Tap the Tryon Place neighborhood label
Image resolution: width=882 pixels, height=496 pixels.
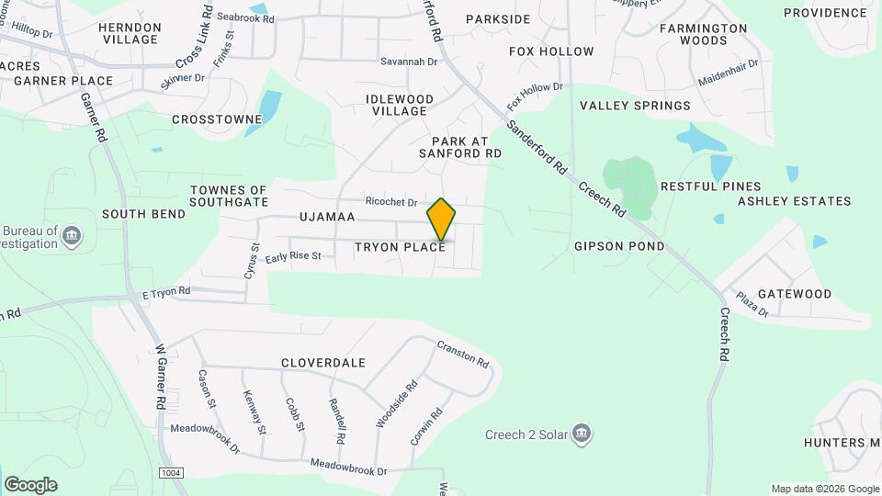tap(401, 248)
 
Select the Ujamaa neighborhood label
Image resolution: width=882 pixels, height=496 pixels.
tap(326, 218)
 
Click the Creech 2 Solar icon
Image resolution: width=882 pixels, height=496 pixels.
tap(581, 433)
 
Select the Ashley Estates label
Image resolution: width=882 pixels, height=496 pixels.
tap(794, 201)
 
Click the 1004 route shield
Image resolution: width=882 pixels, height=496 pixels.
tap(169, 472)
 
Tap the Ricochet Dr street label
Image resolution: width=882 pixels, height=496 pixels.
tap(391, 202)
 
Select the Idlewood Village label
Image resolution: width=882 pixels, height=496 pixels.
tap(400, 105)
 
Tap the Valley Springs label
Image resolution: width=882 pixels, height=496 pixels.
tap(635, 106)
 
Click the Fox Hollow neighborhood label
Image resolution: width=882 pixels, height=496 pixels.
tap(551, 51)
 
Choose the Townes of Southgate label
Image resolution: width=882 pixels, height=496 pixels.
tap(229, 196)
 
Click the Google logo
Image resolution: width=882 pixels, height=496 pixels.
tap(30, 484)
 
